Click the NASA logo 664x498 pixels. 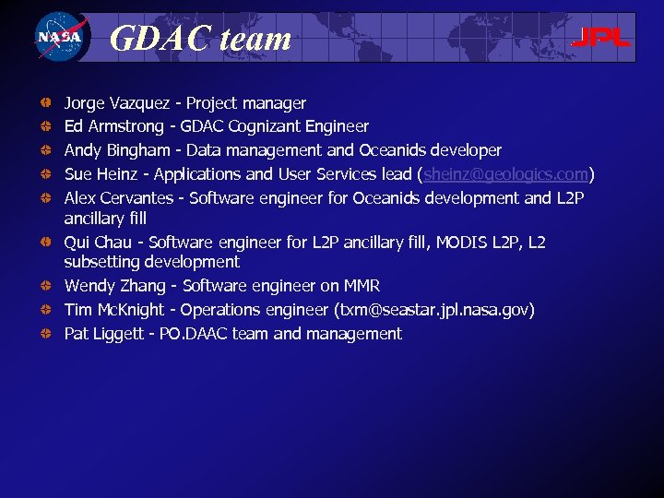point(59,38)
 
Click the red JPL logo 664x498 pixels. point(600,38)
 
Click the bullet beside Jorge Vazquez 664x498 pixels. point(45,103)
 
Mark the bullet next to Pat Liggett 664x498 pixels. point(45,334)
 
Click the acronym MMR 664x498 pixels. point(361,286)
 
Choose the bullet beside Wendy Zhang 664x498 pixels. point(45,286)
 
